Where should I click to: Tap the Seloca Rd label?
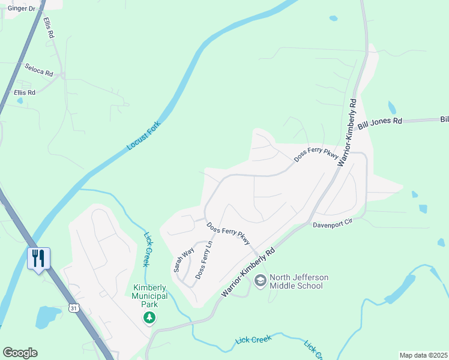tap(39, 70)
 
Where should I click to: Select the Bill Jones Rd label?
tap(380, 124)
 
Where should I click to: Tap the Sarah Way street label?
tap(184, 259)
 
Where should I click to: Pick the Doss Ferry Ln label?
tap(205, 262)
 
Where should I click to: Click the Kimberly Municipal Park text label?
tap(149, 293)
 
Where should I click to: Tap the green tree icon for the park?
tap(149, 317)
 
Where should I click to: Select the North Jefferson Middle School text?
tap(297, 281)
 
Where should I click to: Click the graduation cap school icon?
tap(261, 280)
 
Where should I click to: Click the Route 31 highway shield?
tap(73, 308)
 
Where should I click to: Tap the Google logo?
tap(20, 353)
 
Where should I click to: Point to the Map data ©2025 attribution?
tap(423, 355)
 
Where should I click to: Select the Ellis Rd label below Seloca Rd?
tap(25, 93)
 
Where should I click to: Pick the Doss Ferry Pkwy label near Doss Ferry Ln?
tap(229, 234)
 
